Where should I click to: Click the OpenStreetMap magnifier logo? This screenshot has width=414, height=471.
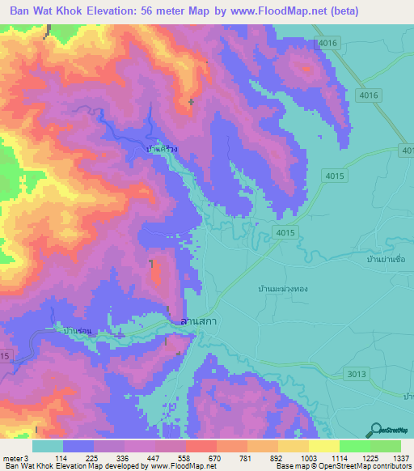376,430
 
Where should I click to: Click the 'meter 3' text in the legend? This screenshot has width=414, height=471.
15,457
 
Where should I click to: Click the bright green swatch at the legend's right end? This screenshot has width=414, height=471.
385,446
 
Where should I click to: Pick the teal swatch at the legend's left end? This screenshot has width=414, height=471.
48,446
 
